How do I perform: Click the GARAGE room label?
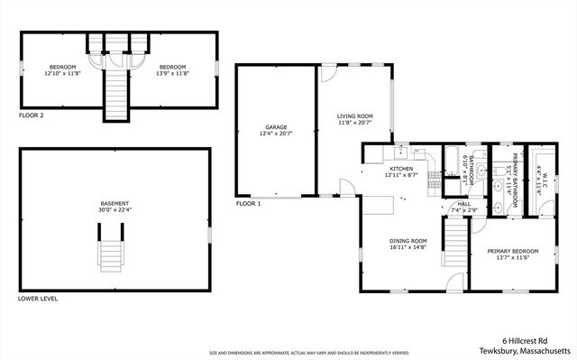point(276,127)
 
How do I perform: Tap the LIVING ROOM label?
point(354,115)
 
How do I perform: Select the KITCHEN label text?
point(401,169)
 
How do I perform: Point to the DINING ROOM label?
point(408,241)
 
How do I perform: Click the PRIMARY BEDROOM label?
point(513,251)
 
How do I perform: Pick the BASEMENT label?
point(114,203)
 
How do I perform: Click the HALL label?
point(464,205)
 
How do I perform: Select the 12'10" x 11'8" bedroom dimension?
point(62,74)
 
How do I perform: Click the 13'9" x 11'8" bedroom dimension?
point(172,74)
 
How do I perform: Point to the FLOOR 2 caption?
point(31,115)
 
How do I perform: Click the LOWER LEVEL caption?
point(38,299)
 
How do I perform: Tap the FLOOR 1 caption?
point(249,205)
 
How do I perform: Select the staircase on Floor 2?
point(115,90)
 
